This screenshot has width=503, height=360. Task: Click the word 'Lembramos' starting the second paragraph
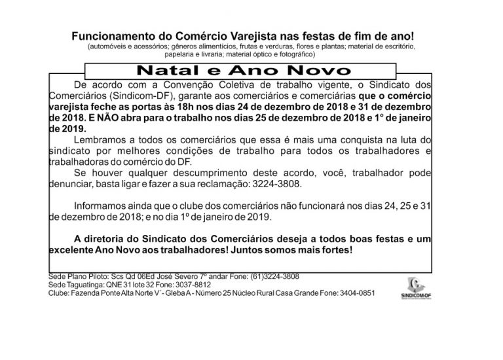[99, 141]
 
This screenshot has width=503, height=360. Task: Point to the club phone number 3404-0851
[354, 294]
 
